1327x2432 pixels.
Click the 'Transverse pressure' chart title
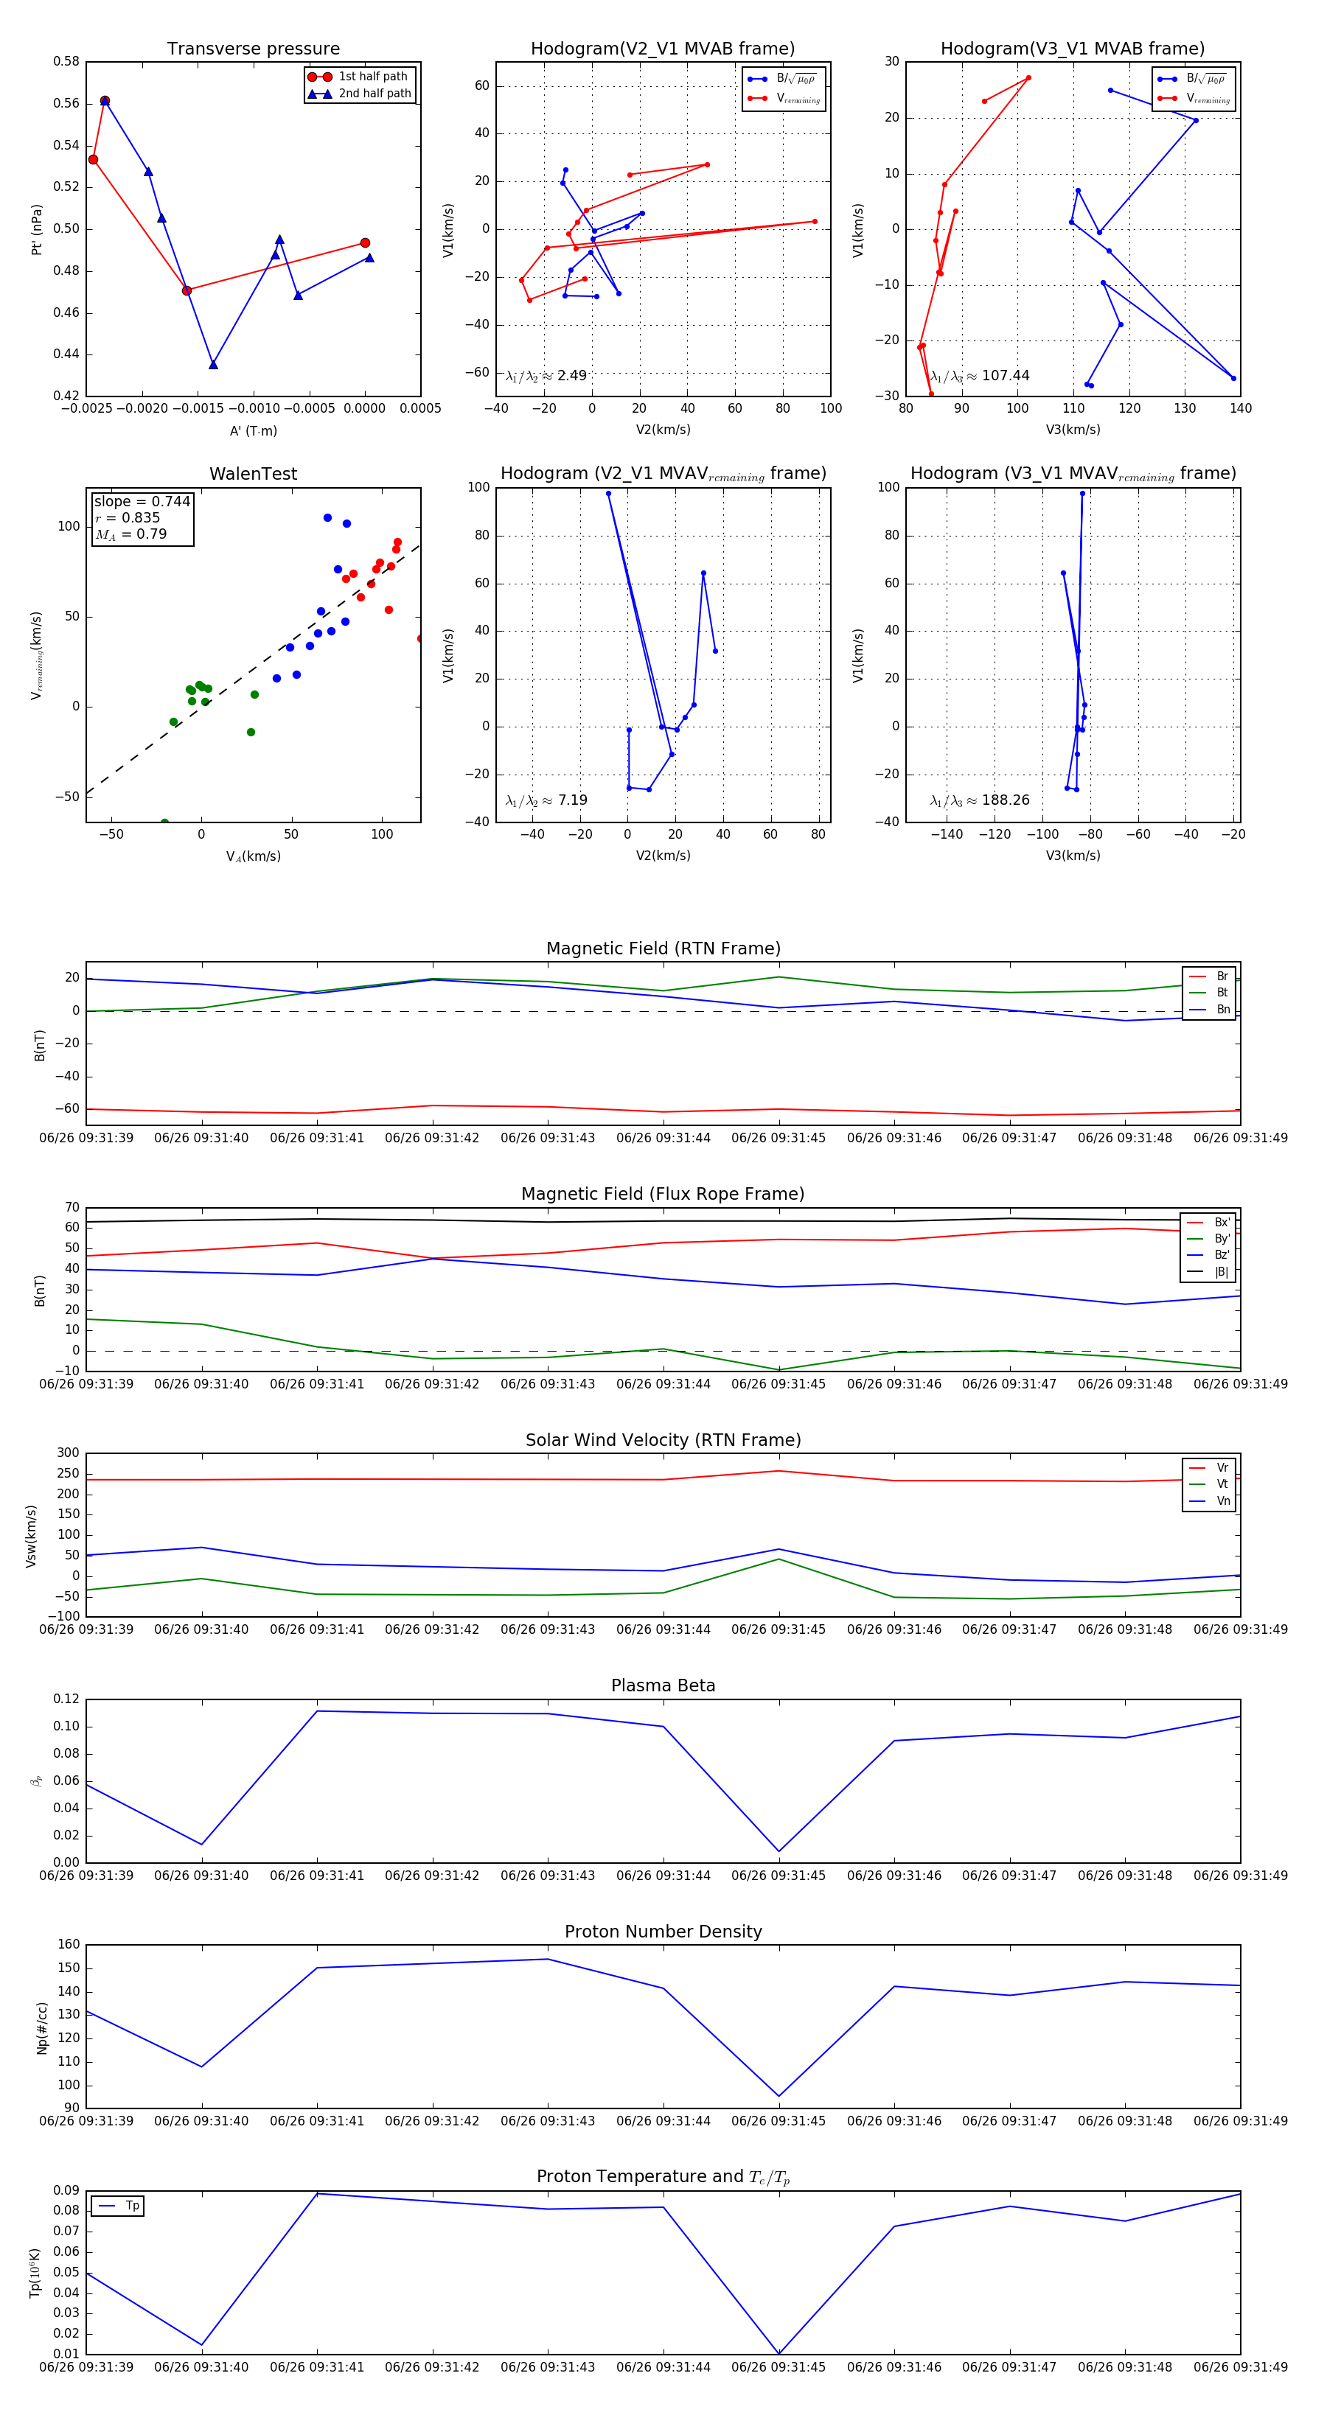[253, 49]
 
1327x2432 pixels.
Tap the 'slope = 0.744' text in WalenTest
[142, 501]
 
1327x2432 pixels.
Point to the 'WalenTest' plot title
[253, 474]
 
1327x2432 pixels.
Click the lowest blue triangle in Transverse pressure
[214, 364]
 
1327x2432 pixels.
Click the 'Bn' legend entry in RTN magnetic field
[1222, 1009]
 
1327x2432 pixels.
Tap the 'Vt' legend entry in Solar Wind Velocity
[1222, 1484]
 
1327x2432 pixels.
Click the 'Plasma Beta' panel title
[663, 1685]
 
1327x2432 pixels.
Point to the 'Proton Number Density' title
[663, 1932]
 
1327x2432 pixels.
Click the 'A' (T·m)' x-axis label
[253, 430]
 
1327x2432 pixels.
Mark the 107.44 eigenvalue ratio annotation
[980, 376]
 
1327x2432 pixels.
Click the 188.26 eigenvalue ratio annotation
[980, 800]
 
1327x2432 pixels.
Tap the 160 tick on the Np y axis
[69, 1945]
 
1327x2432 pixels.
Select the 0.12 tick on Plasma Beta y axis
[66, 1699]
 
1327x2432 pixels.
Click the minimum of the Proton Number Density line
[779, 2096]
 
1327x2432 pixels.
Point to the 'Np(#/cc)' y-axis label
[41, 2028]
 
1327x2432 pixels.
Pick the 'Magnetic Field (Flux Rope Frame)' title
[663, 1195]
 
